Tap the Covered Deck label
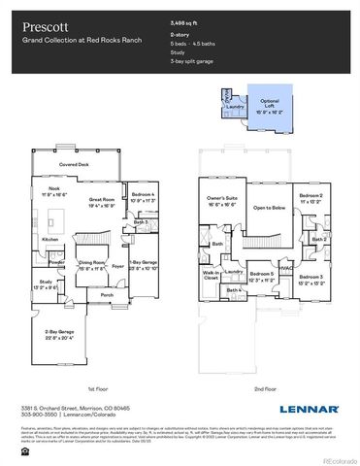click(x=73, y=166)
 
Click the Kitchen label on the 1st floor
click(x=50, y=238)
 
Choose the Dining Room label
click(x=92, y=263)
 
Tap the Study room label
click(x=47, y=283)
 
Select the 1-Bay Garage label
click(x=143, y=263)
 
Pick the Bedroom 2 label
click(x=311, y=197)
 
